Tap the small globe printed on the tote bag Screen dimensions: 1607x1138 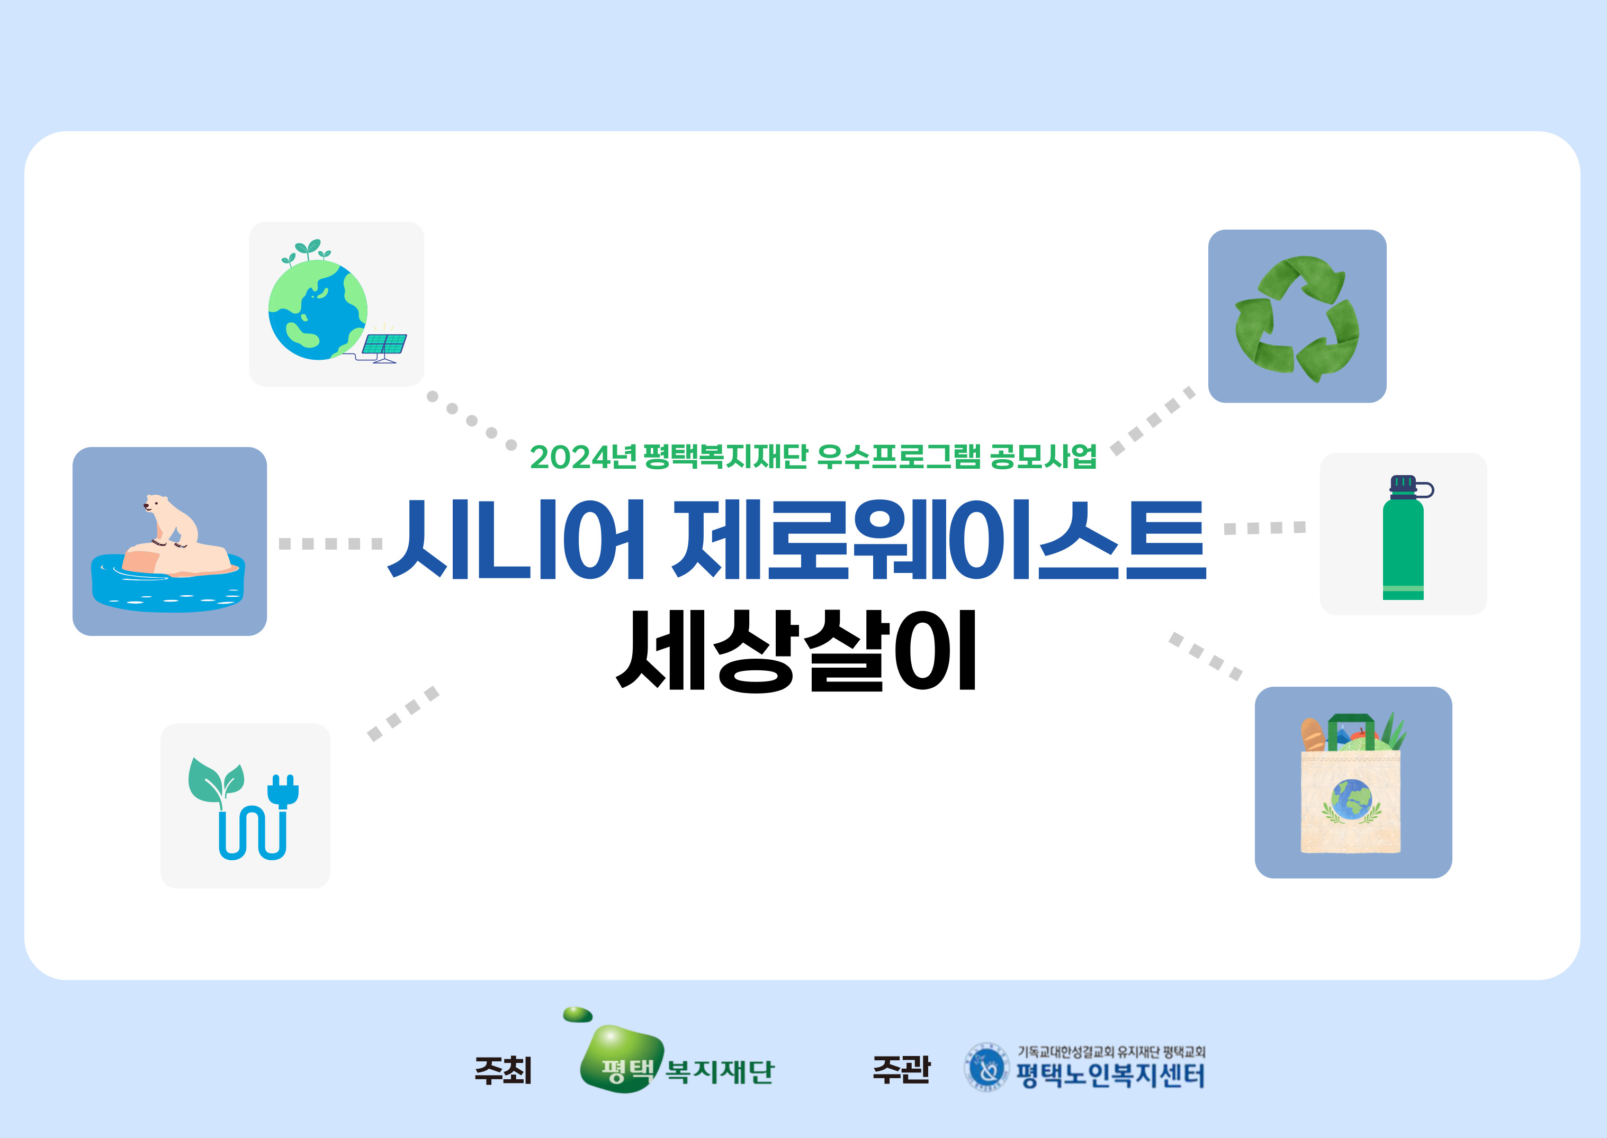(x=1352, y=799)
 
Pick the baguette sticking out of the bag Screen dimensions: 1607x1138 (x=1313, y=734)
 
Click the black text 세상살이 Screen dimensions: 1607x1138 (x=796, y=650)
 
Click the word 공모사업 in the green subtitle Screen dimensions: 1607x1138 (x=1043, y=457)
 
